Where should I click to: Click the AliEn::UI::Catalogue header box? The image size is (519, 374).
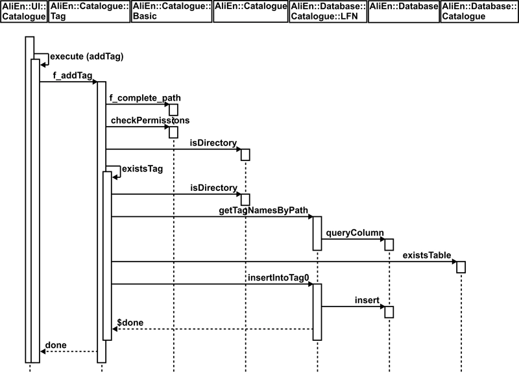click(x=24, y=12)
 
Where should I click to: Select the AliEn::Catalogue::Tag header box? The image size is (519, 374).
click(x=89, y=12)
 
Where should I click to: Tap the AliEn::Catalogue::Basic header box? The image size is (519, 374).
click(x=171, y=12)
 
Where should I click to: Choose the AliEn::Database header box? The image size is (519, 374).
click(x=403, y=12)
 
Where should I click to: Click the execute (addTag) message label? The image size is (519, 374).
click(x=86, y=56)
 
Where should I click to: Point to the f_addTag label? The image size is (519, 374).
click(x=72, y=75)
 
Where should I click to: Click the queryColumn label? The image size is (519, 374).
click(x=355, y=232)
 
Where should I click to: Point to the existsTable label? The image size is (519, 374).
click(x=426, y=255)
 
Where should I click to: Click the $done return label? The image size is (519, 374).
click(x=130, y=322)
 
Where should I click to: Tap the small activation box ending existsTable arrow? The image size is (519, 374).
click(x=461, y=267)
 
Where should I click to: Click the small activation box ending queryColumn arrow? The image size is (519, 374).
click(x=389, y=244)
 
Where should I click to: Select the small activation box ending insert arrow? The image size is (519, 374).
click(x=389, y=312)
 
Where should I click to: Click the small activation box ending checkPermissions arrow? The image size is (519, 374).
click(x=174, y=132)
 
